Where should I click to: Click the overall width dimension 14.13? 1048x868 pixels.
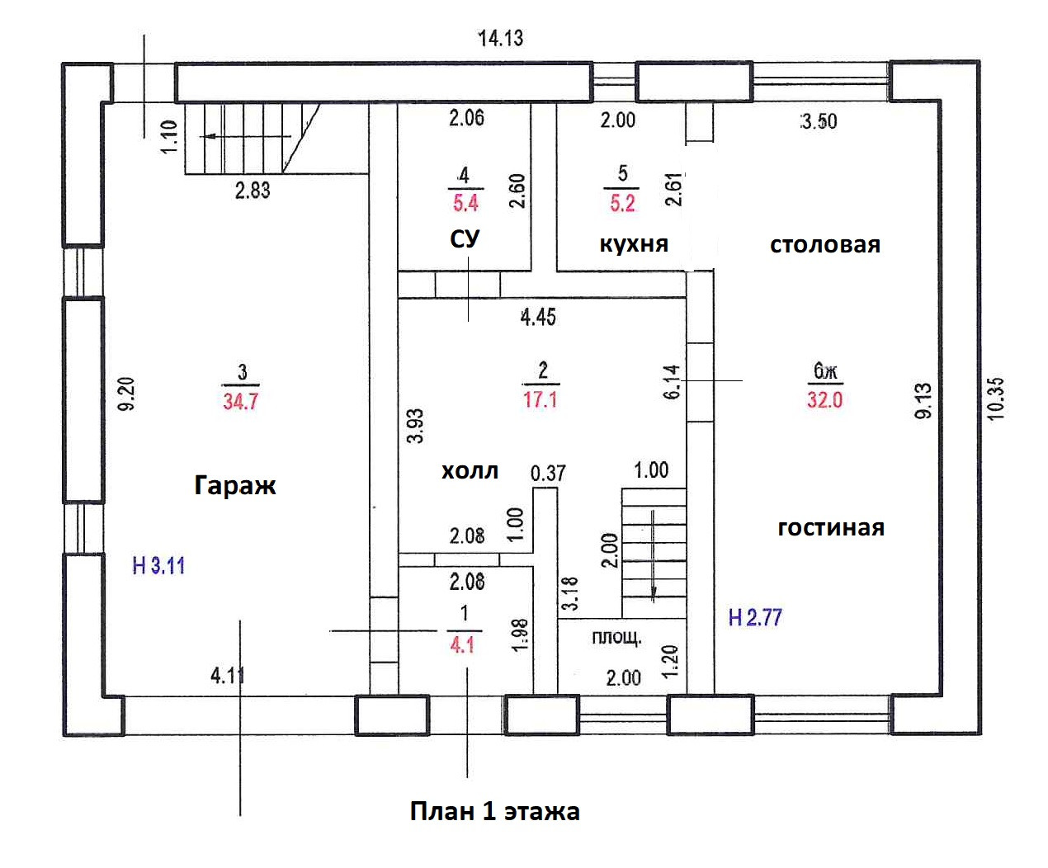click(x=500, y=38)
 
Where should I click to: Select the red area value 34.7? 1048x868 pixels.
click(x=241, y=401)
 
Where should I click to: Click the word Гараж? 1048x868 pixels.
click(x=235, y=485)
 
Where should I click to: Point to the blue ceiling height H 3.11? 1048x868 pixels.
click(x=158, y=566)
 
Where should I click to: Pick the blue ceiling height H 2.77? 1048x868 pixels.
click(x=755, y=617)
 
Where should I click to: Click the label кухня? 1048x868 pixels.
click(x=634, y=244)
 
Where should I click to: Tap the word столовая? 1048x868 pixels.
click(x=825, y=245)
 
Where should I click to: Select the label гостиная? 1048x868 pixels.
click(x=831, y=528)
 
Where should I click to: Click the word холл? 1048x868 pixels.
click(x=470, y=471)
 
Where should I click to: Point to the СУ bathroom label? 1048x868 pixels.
click(x=465, y=239)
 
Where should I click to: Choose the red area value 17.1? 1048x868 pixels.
click(x=541, y=399)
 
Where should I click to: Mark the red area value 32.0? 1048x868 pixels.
click(x=824, y=399)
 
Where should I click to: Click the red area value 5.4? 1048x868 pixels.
click(x=465, y=203)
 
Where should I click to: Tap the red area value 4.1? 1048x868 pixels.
click(x=462, y=644)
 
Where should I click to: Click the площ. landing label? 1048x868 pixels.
click(x=617, y=638)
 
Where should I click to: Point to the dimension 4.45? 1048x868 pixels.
click(x=538, y=318)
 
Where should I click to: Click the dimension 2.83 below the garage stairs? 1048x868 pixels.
click(x=253, y=191)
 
